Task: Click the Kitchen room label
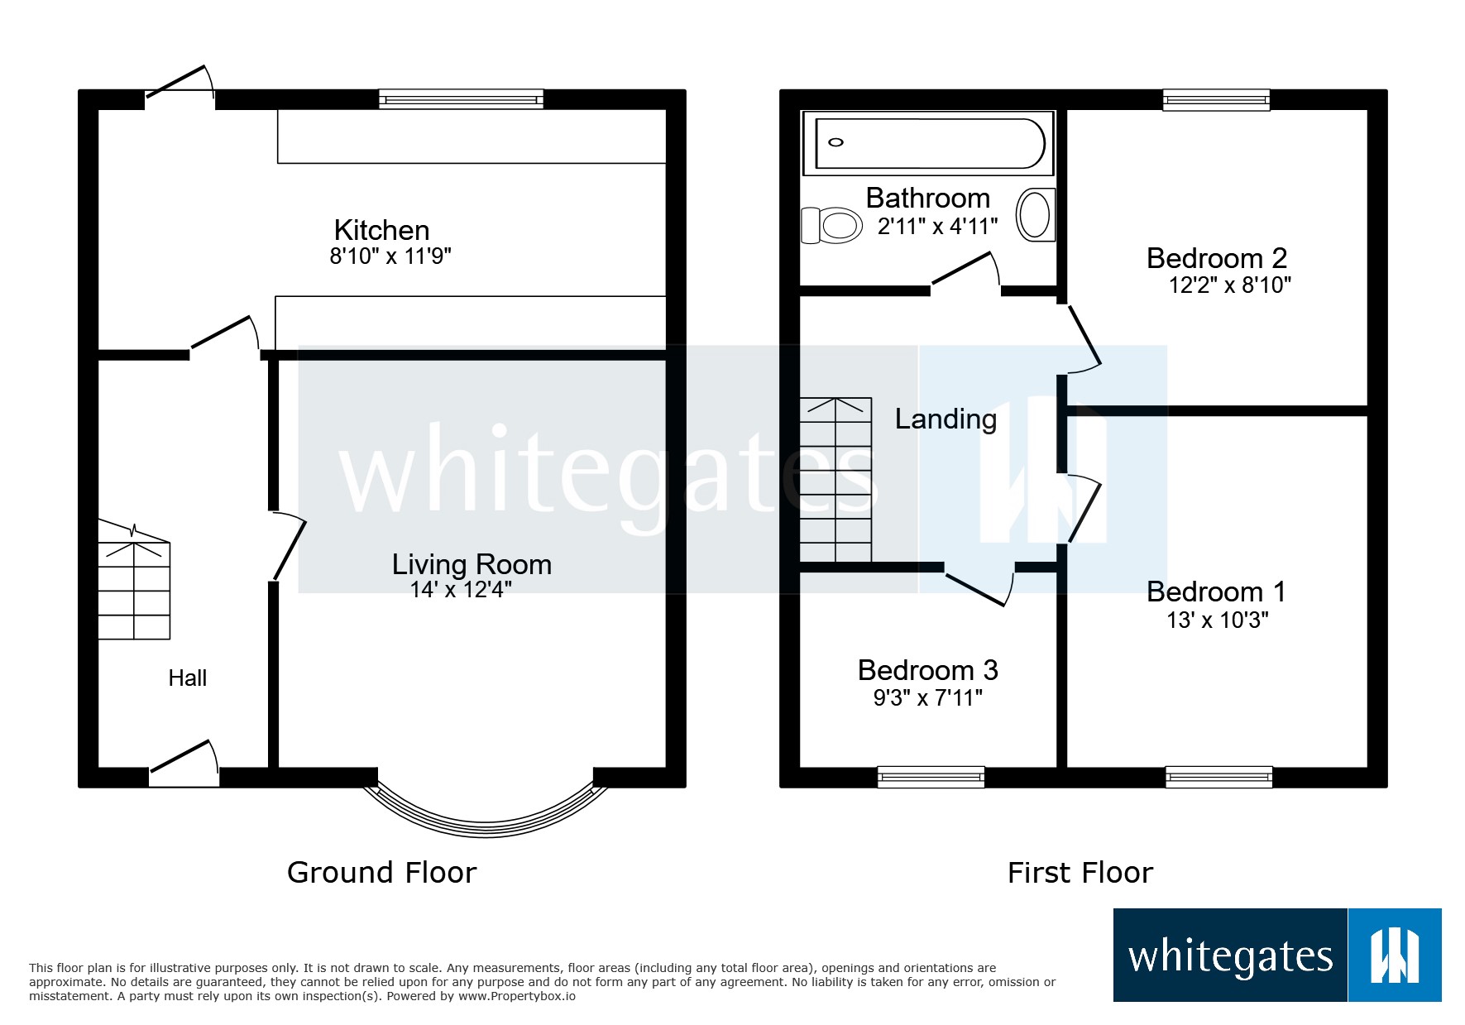click(381, 230)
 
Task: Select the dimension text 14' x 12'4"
click(461, 590)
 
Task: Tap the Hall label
click(187, 678)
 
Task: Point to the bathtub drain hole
click(836, 142)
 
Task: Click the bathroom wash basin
click(1034, 215)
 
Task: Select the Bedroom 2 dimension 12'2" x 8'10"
click(1229, 285)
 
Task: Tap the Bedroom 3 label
click(927, 670)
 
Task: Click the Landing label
click(946, 419)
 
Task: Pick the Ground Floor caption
click(381, 873)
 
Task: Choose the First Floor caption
click(1080, 873)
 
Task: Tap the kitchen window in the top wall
click(461, 99)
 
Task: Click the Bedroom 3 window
click(931, 777)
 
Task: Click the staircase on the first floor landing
click(835, 480)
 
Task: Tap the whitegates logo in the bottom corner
click(1276, 956)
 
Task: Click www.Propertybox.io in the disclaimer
click(517, 996)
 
